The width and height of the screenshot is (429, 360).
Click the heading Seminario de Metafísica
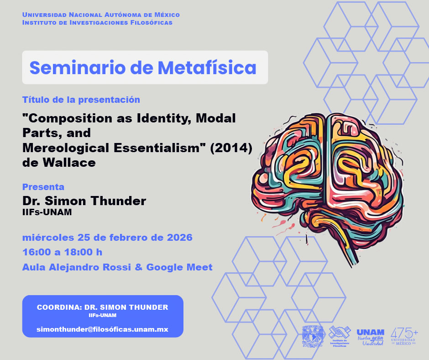(x=143, y=68)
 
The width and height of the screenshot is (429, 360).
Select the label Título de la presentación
(x=81, y=100)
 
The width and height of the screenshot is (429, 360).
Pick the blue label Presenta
(x=43, y=187)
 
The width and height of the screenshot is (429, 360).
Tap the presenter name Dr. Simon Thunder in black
(x=84, y=201)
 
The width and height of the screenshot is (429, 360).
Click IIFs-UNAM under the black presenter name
(x=47, y=212)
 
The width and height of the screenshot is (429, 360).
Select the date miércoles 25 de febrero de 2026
(x=107, y=238)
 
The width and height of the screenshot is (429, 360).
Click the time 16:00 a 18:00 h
(x=62, y=253)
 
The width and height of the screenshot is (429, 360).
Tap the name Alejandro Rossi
(x=89, y=267)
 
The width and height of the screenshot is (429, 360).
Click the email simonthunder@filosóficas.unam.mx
(x=103, y=329)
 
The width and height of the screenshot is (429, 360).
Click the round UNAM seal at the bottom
(x=313, y=337)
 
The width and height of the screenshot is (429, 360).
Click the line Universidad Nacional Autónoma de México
(x=101, y=15)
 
